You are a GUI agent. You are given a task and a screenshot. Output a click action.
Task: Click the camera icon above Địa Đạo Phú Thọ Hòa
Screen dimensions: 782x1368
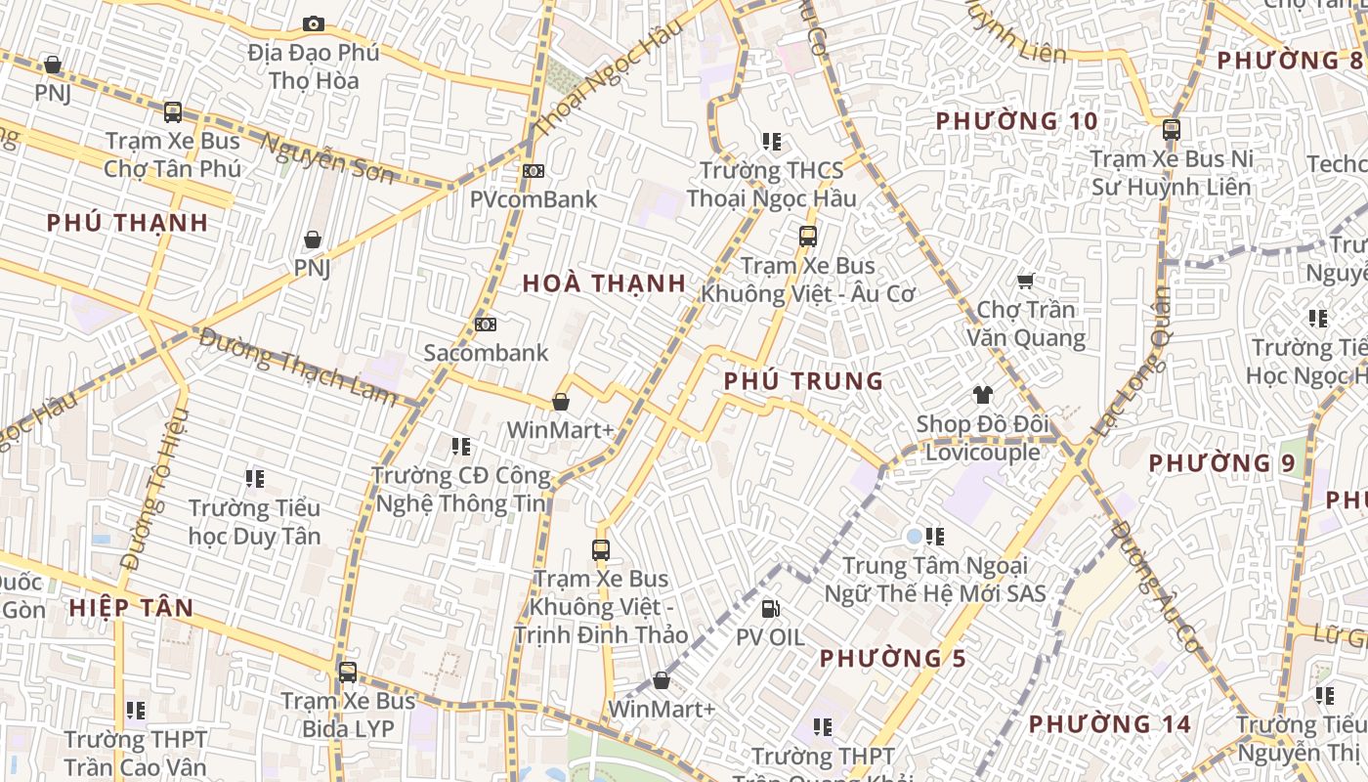pyautogui.click(x=313, y=23)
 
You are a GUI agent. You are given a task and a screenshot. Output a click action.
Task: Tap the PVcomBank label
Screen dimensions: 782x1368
pyautogui.click(x=533, y=199)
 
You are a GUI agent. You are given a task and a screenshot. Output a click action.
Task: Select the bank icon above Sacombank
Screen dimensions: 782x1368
pyautogui.click(x=485, y=324)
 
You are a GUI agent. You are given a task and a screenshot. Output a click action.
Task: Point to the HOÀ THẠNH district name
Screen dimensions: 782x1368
pyautogui.click(x=604, y=283)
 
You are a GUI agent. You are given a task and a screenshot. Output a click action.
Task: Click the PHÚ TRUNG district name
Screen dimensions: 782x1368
pyautogui.click(x=803, y=381)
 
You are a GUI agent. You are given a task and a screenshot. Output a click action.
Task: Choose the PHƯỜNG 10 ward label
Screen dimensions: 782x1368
pyautogui.click(x=1016, y=121)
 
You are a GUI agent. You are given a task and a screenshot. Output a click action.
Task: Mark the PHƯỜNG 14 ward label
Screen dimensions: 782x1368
pyautogui.click(x=1110, y=724)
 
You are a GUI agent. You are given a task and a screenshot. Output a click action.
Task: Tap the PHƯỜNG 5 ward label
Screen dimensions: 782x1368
pyautogui.click(x=893, y=658)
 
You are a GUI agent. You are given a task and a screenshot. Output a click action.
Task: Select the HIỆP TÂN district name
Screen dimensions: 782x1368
pyautogui.click(x=131, y=607)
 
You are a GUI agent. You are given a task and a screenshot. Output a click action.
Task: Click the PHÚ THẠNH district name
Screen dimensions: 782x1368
pyautogui.click(x=128, y=222)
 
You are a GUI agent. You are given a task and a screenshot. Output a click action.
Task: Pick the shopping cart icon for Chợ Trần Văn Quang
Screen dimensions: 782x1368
pyautogui.click(x=1025, y=282)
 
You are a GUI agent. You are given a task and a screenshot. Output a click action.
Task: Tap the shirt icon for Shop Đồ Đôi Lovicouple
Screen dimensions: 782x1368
pyautogui.click(x=982, y=395)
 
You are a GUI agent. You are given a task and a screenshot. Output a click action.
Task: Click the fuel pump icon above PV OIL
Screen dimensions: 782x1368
pyautogui.click(x=770, y=609)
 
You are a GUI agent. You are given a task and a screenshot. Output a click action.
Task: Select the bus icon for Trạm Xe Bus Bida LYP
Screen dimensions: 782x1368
pyautogui.click(x=347, y=673)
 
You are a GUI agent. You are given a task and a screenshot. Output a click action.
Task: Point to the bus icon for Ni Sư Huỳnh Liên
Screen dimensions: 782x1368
pyautogui.click(x=1171, y=129)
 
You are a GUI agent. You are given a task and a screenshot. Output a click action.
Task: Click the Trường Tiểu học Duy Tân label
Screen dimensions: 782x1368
pyautogui.click(x=254, y=522)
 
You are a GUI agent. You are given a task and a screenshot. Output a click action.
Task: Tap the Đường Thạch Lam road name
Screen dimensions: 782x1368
pyautogui.click(x=298, y=368)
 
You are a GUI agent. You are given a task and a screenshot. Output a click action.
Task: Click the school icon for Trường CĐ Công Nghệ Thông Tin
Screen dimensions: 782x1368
pyautogui.click(x=461, y=447)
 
